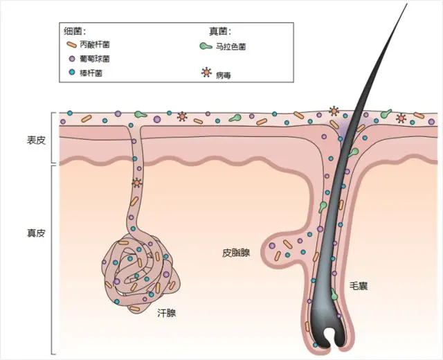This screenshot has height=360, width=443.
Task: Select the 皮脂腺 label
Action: [x=236, y=253]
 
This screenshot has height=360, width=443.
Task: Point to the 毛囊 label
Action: [x=359, y=285]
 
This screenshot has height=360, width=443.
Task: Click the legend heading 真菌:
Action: [x=220, y=31]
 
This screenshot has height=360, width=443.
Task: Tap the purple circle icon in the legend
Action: [x=71, y=58]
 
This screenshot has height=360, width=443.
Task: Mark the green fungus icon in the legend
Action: [x=206, y=46]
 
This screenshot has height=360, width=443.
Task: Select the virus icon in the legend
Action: [x=205, y=72]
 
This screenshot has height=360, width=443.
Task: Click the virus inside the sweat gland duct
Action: [x=136, y=183]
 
